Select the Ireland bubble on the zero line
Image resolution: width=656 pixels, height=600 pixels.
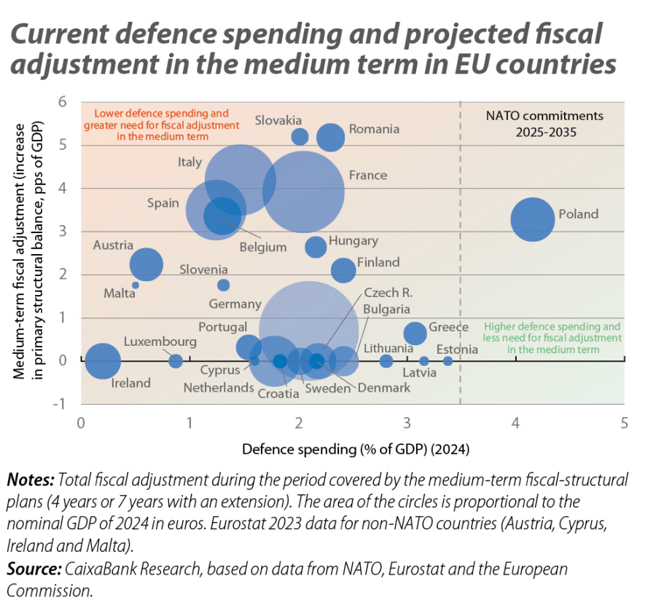point(103,360)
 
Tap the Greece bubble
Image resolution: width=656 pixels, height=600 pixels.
point(415,333)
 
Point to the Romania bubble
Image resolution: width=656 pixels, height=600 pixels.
point(330,137)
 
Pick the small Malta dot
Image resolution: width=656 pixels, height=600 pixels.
point(136,285)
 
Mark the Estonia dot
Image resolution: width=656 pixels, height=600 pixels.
point(448,360)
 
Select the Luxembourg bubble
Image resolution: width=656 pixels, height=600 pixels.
point(176,360)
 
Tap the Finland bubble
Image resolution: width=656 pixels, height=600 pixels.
point(343,270)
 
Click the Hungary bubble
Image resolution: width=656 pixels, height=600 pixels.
point(316,247)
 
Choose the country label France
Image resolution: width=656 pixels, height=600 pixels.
point(367,175)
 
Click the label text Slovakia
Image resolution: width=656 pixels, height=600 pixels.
point(278,120)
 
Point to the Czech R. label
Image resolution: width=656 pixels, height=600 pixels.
point(388,293)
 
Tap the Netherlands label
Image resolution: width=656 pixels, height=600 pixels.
point(218,387)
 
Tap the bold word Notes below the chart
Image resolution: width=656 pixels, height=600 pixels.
point(28,481)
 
